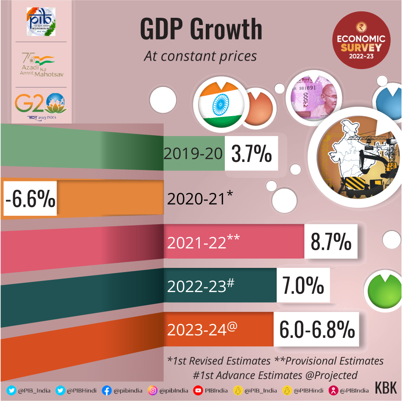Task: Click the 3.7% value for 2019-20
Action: coord(251,154)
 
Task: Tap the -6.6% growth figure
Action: coord(30,198)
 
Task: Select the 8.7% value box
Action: coord(331,242)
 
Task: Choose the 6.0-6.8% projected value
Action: coord(316,329)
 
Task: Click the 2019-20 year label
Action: coord(193,154)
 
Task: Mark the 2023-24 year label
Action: coord(202,329)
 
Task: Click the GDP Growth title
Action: coord(201,31)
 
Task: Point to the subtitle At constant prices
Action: coord(200,56)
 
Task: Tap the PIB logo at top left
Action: coord(41,22)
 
